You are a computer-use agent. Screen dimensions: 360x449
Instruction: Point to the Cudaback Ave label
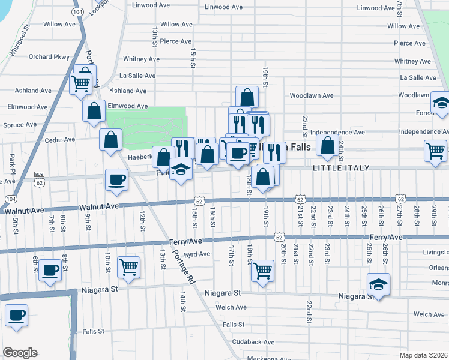click(x=253, y=342)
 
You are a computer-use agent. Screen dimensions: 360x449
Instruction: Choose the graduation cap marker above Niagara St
click(x=378, y=284)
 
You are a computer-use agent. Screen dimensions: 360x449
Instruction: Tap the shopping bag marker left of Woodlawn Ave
click(x=247, y=96)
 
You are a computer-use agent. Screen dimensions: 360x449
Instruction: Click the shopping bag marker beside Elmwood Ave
click(x=94, y=110)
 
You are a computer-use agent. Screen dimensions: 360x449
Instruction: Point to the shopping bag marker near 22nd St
click(x=327, y=145)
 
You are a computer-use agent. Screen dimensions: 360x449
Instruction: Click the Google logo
click(x=19, y=353)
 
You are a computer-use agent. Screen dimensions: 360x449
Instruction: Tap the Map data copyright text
click(x=424, y=355)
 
